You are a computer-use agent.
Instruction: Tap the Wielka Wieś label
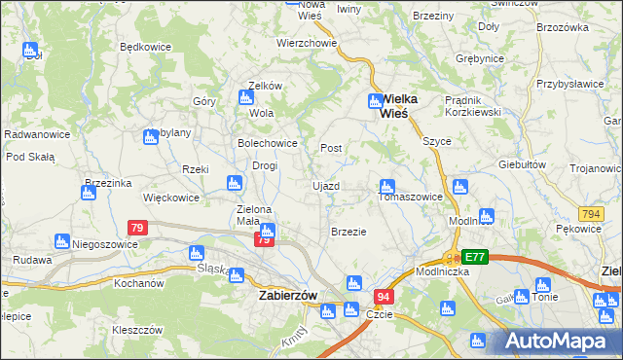pos(392,106)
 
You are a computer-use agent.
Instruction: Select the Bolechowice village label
pos(268,143)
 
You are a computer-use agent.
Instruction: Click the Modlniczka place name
pos(441,271)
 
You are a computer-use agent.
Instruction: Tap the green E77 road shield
pos(475,257)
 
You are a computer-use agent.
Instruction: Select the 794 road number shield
pos(590,213)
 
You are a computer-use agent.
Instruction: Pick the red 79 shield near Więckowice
pos(137,228)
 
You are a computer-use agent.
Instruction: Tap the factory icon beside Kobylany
pos(151,137)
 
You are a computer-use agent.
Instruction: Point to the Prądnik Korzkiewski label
pos(444,107)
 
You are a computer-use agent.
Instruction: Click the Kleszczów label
pos(136,330)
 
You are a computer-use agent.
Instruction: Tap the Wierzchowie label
pos(307,43)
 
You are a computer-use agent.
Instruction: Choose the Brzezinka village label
pos(108,182)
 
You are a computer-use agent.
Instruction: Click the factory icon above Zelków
pos(246,96)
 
